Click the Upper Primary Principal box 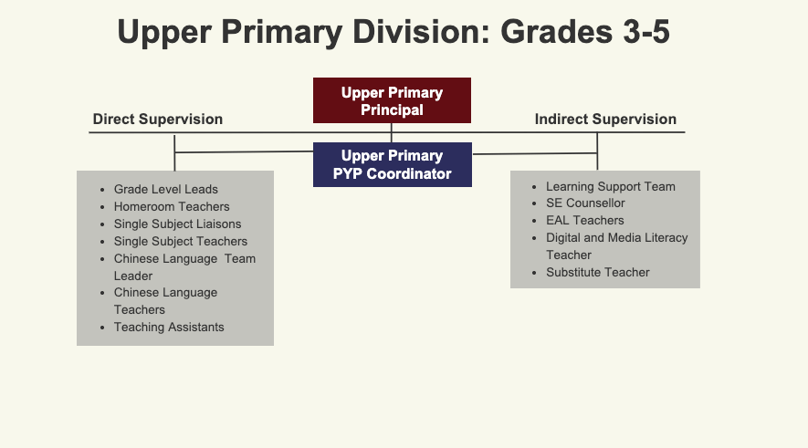[392, 100]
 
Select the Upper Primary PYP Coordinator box [393, 165]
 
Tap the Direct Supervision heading [158, 119]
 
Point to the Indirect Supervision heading [605, 119]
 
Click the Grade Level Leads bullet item [166, 189]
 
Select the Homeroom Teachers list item [172, 206]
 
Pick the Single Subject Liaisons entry [177, 224]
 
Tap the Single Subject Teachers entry [181, 241]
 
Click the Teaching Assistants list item [169, 327]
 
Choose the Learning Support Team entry [611, 186]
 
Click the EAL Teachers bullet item [585, 221]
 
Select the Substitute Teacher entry [598, 273]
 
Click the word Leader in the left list [133, 276]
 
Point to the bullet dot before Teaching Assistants [102, 328]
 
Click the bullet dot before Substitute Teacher [534, 273]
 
